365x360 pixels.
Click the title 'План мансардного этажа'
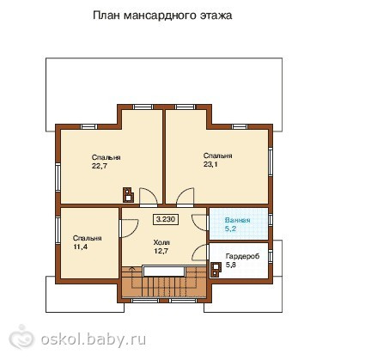162,15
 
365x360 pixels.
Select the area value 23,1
210,164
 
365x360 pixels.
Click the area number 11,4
81,247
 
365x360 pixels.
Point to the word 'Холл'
161,242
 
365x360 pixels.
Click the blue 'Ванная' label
238,220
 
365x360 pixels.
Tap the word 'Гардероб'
242,256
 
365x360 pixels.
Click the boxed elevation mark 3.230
166,219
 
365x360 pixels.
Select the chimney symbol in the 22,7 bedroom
128,195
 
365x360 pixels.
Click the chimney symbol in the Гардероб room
216,270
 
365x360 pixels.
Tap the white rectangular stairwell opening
164,271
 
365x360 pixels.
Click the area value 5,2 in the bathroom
231,229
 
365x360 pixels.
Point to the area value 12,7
161,251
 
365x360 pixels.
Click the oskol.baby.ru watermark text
94,339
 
